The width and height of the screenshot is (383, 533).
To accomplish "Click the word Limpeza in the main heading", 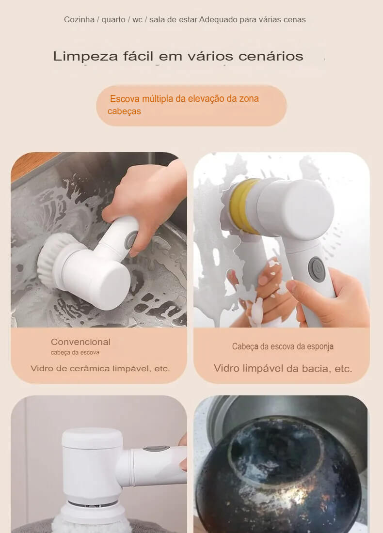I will point(85,56).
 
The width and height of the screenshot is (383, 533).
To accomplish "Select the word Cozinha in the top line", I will point(79,20).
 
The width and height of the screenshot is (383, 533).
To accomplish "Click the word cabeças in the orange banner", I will point(124,111).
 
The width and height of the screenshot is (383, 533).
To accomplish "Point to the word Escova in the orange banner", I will point(124,99).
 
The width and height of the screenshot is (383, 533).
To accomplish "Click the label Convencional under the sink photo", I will point(80,342).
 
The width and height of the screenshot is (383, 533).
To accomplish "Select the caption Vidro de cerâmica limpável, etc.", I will point(100,369).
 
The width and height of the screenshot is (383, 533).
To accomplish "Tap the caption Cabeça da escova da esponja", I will point(283,346).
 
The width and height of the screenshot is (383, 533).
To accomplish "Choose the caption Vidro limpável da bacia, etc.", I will point(283,369).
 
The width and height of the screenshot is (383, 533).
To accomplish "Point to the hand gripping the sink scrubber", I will point(145,199).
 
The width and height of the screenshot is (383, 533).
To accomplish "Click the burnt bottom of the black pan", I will point(276,460).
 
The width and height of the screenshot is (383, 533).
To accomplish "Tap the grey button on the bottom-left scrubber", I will point(156,449).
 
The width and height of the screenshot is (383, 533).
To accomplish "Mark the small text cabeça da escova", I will point(75,353).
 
